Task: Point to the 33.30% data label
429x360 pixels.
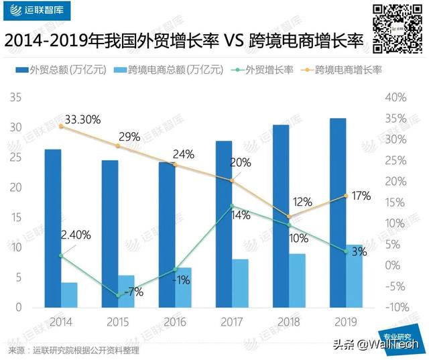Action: point(80,119)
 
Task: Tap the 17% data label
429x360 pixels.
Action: point(361,196)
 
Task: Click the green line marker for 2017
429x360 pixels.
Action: point(232,206)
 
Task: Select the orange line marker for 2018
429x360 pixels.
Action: point(289,217)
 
